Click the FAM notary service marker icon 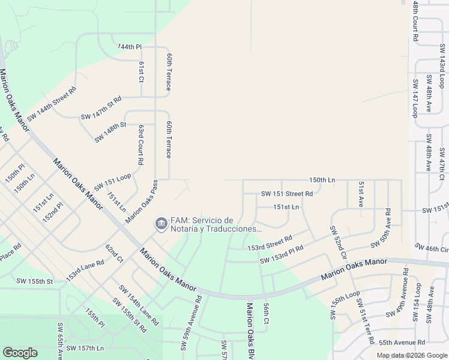click(161, 224)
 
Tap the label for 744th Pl click(129, 47)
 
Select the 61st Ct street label click(142, 71)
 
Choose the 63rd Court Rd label click(140, 145)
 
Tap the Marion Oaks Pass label click(142, 202)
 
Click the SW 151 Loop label click(112, 181)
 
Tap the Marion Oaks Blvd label click(250, 330)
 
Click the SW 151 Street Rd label click(287, 194)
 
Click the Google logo click(20, 353)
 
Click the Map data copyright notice click(411, 355)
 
